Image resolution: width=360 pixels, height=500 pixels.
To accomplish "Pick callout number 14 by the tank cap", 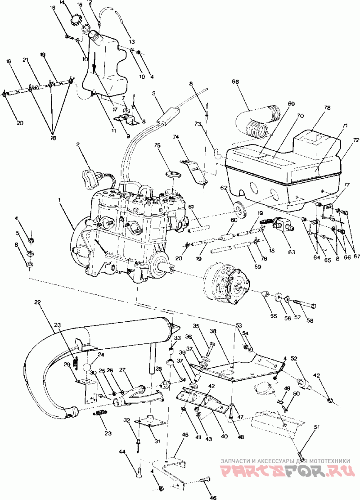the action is point(62,3).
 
